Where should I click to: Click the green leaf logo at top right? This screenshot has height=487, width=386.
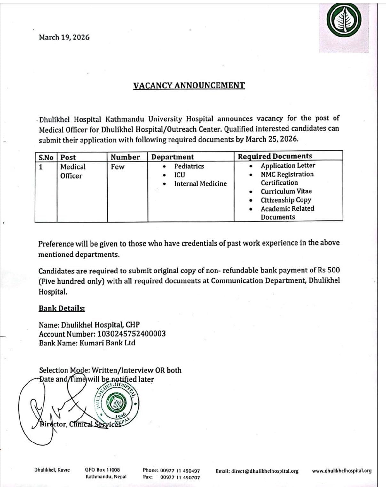(344, 20)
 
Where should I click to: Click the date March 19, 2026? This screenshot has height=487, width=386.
(64, 37)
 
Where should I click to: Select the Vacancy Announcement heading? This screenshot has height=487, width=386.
(189, 85)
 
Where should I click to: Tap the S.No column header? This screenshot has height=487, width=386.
(46, 157)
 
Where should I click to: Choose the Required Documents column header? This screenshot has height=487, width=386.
(275, 156)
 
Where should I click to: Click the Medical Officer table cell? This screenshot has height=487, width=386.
(73, 171)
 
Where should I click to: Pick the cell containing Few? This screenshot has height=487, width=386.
(118, 166)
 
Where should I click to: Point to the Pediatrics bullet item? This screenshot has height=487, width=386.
(189, 166)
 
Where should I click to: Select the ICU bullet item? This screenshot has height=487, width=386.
(179, 175)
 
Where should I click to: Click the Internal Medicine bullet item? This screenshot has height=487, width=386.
(200, 183)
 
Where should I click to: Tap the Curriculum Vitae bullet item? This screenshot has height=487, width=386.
(286, 191)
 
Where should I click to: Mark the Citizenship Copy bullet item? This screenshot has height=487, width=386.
(286, 200)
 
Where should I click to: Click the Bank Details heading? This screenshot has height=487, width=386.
(62, 308)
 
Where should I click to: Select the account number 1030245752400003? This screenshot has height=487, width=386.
(131, 334)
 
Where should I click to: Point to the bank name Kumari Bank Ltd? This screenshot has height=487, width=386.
(107, 343)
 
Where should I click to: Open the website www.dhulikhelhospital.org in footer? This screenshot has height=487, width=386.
(342, 471)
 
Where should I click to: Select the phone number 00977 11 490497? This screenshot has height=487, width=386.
(180, 471)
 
